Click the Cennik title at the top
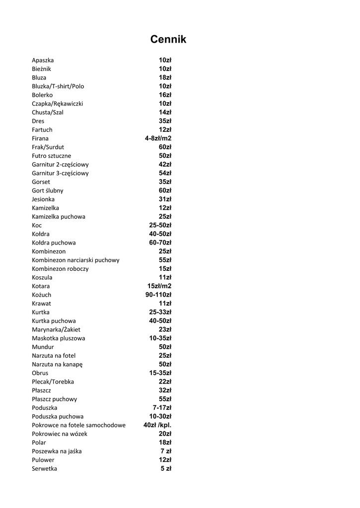point(168,40)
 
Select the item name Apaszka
point(43,60)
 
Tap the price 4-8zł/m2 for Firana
point(158,138)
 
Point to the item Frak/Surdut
point(48,147)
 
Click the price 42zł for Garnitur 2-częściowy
point(165,164)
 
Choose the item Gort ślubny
point(47,190)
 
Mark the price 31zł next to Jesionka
point(165,199)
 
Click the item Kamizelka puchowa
point(58,216)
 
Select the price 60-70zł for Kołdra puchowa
point(160,243)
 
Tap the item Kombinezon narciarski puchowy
point(75,260)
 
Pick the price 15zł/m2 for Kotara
point(159,286)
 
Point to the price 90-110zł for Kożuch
point(158,295)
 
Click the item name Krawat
point(41,303)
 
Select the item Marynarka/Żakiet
point(56,329)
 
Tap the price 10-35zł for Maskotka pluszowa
point(160,338)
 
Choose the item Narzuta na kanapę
point(57,364)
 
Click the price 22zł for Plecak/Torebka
point(165,381)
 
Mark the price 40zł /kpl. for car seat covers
point(157,425)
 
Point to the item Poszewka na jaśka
point(57,451)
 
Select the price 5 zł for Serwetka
point(166,468)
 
